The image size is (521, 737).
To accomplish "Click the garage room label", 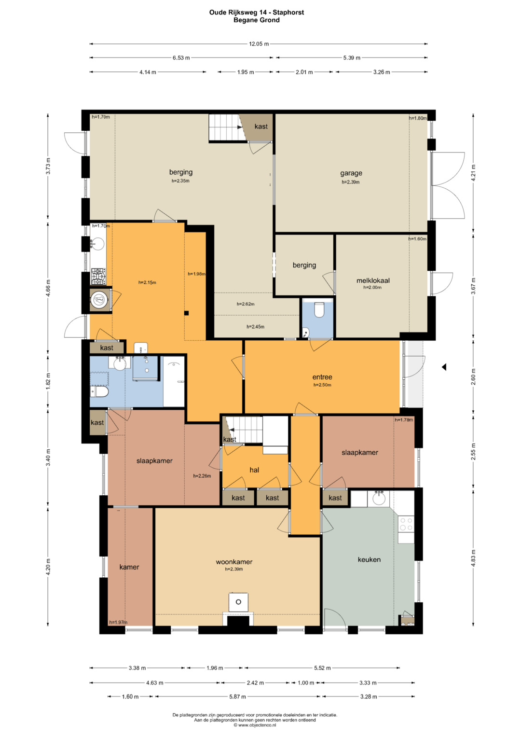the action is click(351, 173).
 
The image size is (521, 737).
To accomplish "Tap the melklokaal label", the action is click(373, 280).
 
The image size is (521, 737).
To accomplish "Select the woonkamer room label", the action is click(234, 562).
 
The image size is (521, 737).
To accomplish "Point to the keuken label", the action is click(369, 559).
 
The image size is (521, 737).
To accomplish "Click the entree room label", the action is click(322, 377).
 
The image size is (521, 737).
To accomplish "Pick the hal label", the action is click(254, 470).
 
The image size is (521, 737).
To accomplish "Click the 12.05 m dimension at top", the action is click(259, 44).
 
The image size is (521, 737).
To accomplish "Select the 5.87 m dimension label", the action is click(237, 696).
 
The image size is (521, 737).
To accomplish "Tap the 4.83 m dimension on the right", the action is click(473, 558).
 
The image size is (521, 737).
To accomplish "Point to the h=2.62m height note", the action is click(246, 304).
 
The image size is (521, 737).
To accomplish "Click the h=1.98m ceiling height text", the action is click(196, 274).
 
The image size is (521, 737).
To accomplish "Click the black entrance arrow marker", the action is click(444, 367).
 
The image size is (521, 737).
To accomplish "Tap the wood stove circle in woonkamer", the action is click(238, 602).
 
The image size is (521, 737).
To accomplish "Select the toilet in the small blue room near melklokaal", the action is click(318, 310).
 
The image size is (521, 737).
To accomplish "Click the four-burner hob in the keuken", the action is click(406, 524).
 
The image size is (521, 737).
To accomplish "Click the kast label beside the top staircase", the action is click(261, 126).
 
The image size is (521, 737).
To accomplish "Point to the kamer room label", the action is click(129, 567).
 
